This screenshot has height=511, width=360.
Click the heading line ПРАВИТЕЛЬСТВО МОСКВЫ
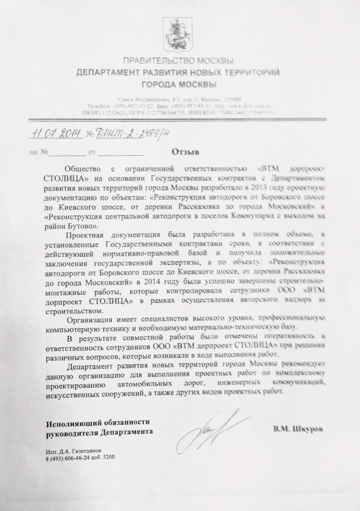tap(178, 61)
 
